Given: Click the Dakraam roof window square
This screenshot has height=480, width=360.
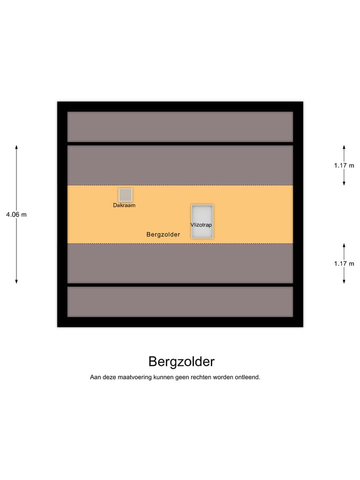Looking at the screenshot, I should click(x=125, y=195).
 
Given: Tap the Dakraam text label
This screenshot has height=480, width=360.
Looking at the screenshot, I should click(x=124, y=205).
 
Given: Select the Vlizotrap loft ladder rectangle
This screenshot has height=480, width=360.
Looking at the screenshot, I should click(x=202, y=221).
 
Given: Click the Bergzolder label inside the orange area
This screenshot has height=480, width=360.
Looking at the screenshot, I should click(x=163, y=234).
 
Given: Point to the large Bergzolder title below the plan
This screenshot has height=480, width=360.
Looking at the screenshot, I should click(x=181, y=361).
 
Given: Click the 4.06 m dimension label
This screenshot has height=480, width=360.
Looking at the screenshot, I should click(x=16, y=214).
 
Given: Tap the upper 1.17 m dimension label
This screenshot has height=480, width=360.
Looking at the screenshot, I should click(x=344, y=165).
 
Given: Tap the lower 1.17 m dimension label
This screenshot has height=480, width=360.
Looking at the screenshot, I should click(x=344, y=263).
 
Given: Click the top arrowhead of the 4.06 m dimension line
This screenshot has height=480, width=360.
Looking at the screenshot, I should click(x=16, y=147).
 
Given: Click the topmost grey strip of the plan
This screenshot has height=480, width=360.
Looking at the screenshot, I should click(x=180, y=126).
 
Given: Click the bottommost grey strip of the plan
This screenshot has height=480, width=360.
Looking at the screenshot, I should click(x=180, y=301).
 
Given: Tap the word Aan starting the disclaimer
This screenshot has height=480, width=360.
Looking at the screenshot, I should click(x=95, y=377).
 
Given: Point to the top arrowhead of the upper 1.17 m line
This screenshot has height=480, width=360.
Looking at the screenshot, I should click(x=344, y=147).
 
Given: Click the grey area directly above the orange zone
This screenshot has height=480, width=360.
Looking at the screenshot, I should click(x=180, y=165).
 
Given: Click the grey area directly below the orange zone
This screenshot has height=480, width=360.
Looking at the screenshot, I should click(x=180, y=263).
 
